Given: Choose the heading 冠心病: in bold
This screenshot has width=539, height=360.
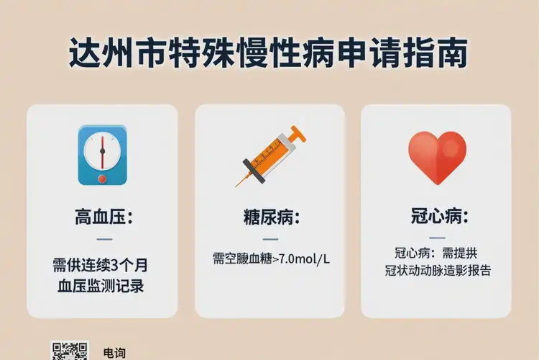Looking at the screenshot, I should tap(436, 215).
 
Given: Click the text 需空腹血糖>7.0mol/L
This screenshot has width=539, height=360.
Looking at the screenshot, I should tap(271, 258).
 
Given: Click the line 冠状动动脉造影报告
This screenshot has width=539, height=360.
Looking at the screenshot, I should tap(438, 271).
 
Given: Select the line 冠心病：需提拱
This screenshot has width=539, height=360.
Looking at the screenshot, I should tap(436, 253).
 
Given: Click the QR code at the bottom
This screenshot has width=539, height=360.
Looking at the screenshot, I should tap(70, 351).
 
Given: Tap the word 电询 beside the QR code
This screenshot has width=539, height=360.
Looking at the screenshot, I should tap(114, 353).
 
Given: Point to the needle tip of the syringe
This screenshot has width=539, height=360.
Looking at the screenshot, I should tap(236, 185).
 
